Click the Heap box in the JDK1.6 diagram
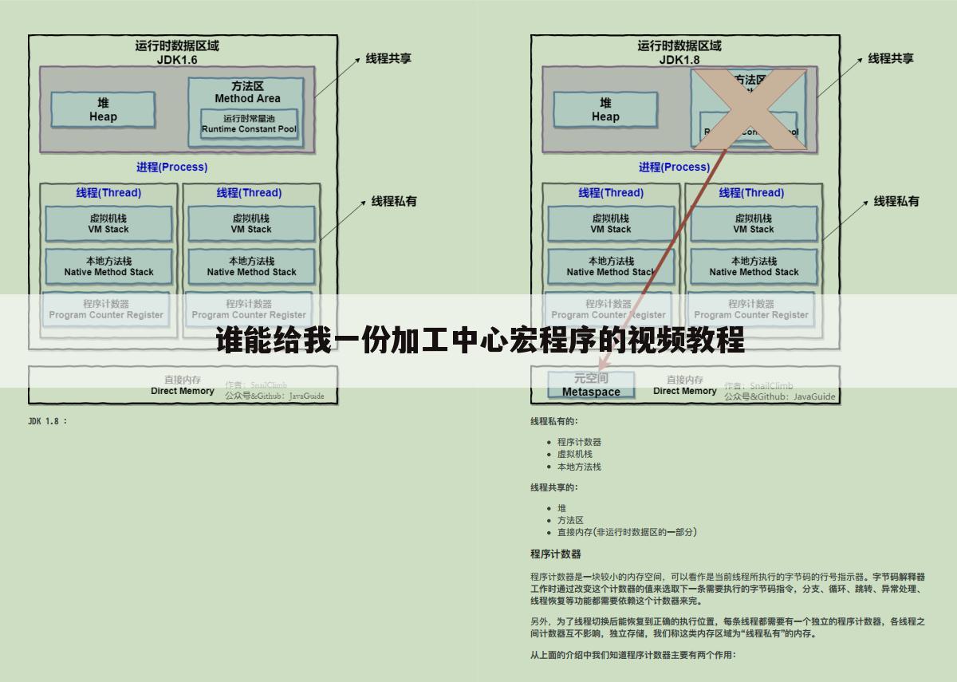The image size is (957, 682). click(x=103, y=110)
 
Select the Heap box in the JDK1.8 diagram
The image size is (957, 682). click(x=605, y=110)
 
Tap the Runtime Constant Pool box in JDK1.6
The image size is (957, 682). click(x=249, y=124)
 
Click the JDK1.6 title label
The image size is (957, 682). click(x=177, y=60)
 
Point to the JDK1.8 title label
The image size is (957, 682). click(x=679, y=60)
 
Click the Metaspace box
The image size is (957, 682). click(x=591, y=385)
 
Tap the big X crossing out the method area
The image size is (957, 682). click(x=749, y=109)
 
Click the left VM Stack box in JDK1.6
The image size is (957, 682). click(x=108, y=224)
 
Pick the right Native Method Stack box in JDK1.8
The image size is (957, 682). click(x=754, y=266)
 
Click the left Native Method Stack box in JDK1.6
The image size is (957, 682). click(x=108, y=266)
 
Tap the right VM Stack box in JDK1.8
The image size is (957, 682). click(x=754, y=224)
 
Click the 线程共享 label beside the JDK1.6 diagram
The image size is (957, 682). click(x=388, y=58)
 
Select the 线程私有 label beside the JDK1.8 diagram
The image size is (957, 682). click(x=896, y=201)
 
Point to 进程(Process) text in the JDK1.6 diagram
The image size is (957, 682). click(x=171, y=167)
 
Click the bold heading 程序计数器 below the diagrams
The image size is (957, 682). click(x=555, y=554)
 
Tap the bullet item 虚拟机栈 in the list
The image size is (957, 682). click(x=574, y=454)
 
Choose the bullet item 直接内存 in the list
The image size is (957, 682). click(x=627, y=532)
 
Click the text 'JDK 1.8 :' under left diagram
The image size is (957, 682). click(x=48, y=421)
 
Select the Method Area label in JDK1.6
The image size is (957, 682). click(x=247, y=98)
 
